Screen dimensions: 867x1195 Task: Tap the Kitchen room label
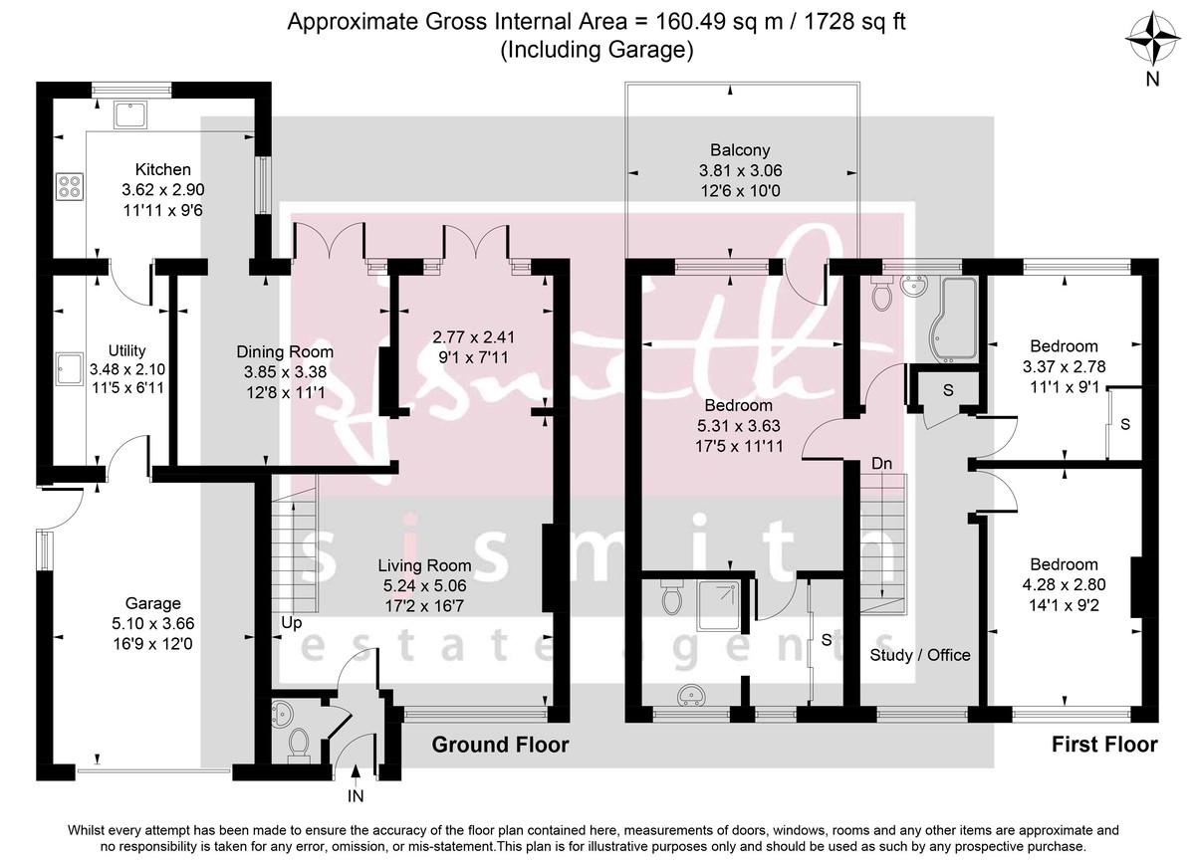[x=162, y=170]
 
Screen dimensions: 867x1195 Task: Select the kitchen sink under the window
[x=131, y=114]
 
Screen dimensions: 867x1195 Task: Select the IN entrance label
[x=356, y=797]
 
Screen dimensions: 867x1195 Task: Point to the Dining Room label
[x=284, y=351]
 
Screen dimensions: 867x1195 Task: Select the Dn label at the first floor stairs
[x=881, y=464]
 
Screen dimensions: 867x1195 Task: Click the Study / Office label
[x=919, y=654]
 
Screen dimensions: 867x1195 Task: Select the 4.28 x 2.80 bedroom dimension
[x=1064, y=583]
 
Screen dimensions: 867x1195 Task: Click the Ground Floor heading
[x=500, y=745]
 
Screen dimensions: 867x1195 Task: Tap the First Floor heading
[x=1104, y=745]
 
